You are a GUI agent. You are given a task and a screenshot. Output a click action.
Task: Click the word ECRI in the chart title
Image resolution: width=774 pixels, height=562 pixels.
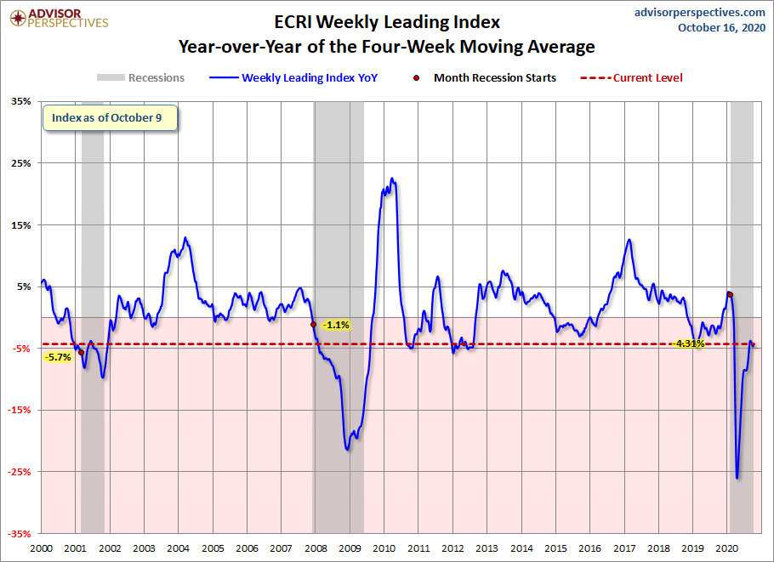(x=293, y=22)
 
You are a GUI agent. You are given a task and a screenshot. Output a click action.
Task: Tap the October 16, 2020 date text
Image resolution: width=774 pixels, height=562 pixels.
(x=721, y=27)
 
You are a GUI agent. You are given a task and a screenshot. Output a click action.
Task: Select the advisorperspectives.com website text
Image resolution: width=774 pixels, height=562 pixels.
(x=699, y=13)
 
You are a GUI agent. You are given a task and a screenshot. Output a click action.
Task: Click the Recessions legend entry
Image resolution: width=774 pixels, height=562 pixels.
(x=140, y=77)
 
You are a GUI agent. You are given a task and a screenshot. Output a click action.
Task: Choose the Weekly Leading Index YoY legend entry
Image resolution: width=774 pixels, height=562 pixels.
(x=293, y=77)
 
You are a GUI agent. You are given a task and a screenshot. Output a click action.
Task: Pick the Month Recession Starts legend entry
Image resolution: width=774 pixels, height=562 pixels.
(x=484, y=77)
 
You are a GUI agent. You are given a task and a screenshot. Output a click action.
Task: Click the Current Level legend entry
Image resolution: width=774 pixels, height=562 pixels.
(x=631, y=77)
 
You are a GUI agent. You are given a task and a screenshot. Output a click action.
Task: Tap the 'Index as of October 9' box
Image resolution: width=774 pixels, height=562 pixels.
(x=110, y=118)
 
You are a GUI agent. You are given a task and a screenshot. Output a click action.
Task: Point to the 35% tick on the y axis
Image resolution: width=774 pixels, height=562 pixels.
(x=20, y=102)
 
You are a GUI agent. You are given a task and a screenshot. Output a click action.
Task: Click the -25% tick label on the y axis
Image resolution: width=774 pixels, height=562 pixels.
(x=19, y=472)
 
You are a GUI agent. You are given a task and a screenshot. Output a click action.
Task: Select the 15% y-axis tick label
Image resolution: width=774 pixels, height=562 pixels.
(x=20, y=225)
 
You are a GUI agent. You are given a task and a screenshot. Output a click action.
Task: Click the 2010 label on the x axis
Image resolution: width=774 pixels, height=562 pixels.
(x=384, y=548)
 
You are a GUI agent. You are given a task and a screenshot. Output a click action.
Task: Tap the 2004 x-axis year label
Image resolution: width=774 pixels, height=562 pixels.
(x=179, y=548)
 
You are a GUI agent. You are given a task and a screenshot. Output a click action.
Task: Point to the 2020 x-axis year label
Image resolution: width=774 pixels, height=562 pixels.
(x=727, y=548)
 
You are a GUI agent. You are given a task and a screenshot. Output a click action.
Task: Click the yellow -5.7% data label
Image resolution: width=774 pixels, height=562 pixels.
(x=58, y=357)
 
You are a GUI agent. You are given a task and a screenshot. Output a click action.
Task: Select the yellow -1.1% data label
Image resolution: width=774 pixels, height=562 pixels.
(x=336, y=325)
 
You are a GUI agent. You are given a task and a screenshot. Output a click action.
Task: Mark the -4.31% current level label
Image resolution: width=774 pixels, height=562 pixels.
(x=689, y=343)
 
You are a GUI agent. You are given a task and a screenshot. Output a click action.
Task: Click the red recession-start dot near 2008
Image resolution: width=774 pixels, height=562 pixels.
(x=314, y=324)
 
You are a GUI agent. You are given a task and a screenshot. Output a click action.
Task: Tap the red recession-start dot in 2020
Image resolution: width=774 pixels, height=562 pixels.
(x=730, y=294)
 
